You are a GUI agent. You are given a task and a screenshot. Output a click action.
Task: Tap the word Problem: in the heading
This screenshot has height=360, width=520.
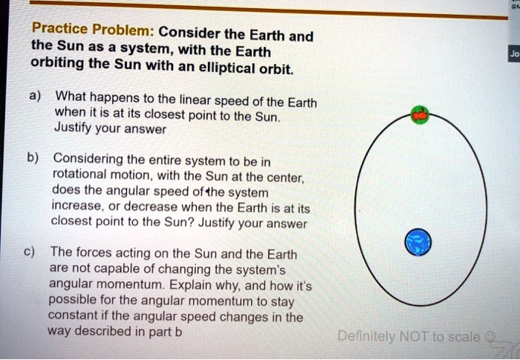pyautogui.click(x=123, y=33)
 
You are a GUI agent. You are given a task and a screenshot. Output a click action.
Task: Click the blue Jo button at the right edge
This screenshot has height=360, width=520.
pyautogui.click(x=513, y=54)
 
